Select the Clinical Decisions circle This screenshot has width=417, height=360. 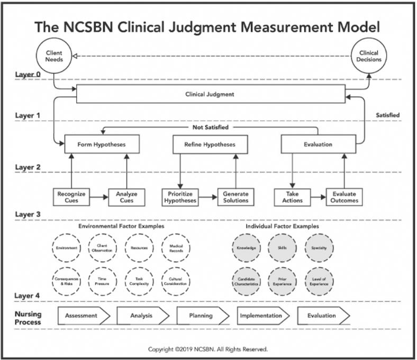click(x=368, y=56)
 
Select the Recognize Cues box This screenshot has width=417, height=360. click(x=71, y=197)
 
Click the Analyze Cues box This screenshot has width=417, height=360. click(x=126, y=197)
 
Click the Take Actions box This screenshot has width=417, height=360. click(x=291, y=197)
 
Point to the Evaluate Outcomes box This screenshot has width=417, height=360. click(x=345, y=197)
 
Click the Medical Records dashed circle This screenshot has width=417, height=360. click(x=176, y=248)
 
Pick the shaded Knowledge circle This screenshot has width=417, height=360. click(x=247, y=248)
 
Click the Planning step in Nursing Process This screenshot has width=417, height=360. click(x=201, y=316)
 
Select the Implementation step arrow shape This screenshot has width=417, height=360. click(x=261, y=316)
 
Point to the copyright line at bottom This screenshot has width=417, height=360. click(x=207, y=349)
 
